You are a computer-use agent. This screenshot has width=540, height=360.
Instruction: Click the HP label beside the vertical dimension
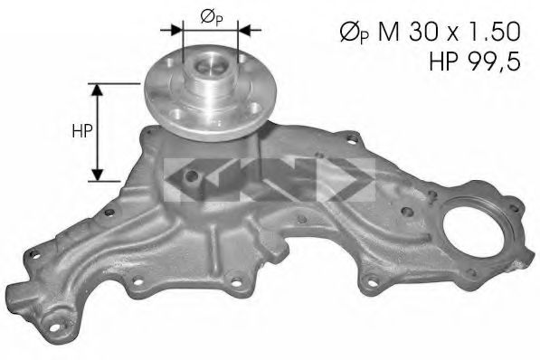pos(80,132)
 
